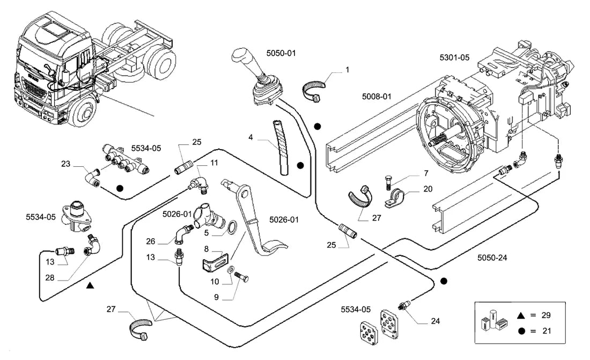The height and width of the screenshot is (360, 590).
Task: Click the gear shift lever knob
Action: tap(240, 55)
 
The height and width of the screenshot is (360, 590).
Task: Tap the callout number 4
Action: tap(250, 137)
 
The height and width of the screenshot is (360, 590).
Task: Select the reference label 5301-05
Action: tap(454, 57)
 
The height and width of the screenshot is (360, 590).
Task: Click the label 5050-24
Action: tap(492, 258)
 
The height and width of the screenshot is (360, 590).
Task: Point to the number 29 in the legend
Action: tap(546, 315)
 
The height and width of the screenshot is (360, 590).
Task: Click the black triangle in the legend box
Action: tap(521, 315)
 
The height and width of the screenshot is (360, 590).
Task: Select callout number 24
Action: tap(436, 321)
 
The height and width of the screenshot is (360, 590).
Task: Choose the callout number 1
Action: tap(348, 70)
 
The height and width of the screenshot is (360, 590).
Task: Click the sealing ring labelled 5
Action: tap(233, 227)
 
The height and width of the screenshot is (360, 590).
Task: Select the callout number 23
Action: tap(65, 164)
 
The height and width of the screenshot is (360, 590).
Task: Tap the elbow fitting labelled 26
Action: tap(184, 233)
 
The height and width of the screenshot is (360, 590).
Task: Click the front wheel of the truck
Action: tap(83, 112)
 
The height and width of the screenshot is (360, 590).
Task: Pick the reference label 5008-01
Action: tap(377, 97)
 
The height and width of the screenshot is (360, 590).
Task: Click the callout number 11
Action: tap(214, 163)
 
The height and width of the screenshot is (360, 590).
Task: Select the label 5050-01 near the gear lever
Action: tap(281, 54)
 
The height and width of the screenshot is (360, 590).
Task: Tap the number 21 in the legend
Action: tap(547, 331)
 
